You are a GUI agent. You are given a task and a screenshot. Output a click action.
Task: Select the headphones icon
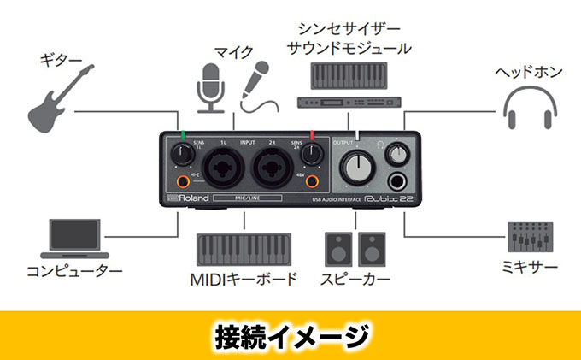tap(530, 109)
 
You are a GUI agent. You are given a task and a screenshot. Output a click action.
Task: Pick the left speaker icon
tap(338, 248)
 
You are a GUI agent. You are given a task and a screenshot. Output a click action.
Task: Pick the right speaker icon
tap(373, 248)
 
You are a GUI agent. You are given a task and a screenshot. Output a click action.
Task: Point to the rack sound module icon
tap(349, 103)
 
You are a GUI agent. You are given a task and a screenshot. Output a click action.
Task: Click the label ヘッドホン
tap(530, 72)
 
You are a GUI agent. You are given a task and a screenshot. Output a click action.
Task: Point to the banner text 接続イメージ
tap(290, 334)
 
